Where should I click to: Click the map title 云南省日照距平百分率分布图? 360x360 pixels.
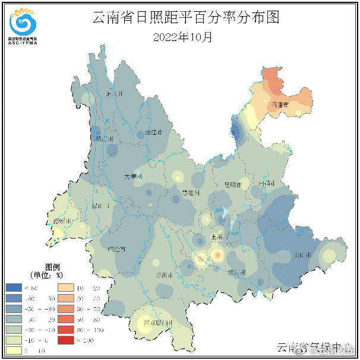click(185, 17)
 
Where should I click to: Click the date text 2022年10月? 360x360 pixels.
click(182, 37)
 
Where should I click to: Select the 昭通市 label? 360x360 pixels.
click(279, 105)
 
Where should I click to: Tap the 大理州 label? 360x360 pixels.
click(132, 177)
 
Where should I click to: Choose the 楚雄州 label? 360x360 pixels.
click(191, 194)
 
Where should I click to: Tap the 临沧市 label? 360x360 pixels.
click(118, 249)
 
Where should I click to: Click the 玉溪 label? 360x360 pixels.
click(217, 236)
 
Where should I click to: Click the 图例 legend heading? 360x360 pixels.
click(53, 267)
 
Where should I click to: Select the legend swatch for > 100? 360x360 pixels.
click(66, 340)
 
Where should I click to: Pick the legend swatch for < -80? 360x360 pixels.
click(14, 287)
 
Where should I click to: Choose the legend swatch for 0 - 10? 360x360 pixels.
click(14, 350)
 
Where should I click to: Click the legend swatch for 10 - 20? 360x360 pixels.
click(66, 287)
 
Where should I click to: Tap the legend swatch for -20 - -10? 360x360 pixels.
click(14, 329)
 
